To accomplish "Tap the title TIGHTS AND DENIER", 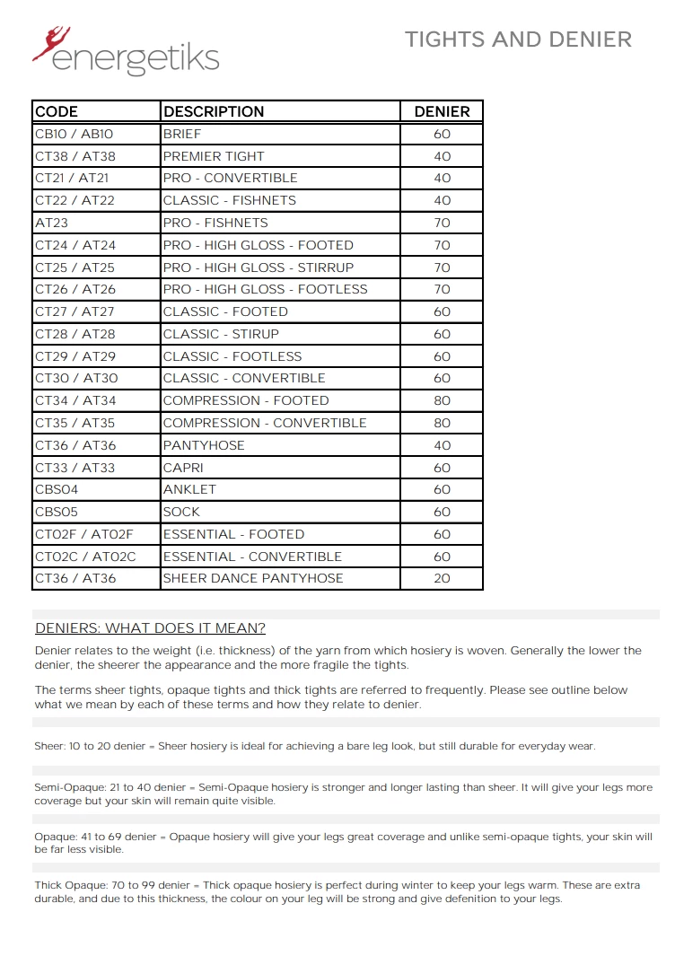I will (x=518, y=39).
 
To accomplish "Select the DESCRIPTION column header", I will (x=214, y=111).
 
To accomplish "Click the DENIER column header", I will (x=442, y=111).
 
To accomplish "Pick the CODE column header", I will (x=57, y=111).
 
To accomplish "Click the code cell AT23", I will (x=51, y=223).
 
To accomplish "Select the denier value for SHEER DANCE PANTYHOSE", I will (x=442, y=579).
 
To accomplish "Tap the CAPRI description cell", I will (x=183, y=468).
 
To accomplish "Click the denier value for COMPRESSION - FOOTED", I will (x=442, y=401).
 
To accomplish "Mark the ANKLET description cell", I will (x=189, y=490).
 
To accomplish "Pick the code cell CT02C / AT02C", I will (x=85, y=557).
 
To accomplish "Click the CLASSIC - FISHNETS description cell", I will (x=229, y=200).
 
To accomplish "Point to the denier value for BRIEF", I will (x=442, y=134).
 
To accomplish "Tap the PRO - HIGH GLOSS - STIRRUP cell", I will (x=259, y=268).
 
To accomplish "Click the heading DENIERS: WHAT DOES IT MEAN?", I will (x=150, y=628).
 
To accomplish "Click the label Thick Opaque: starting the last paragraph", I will (x=69, y=885).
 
